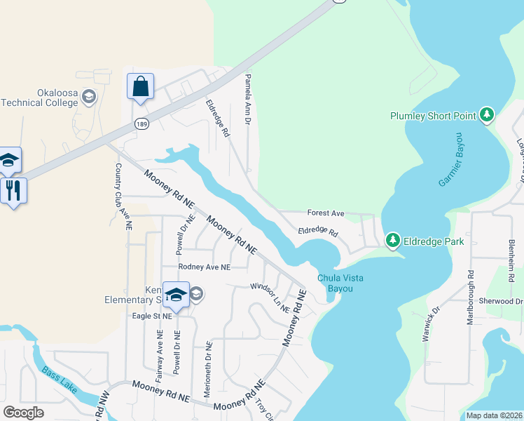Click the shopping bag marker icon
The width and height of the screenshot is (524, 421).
140,87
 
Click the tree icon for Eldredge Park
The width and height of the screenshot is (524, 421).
393,241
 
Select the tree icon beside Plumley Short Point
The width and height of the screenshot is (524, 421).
487,114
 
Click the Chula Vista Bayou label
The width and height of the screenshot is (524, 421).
340,283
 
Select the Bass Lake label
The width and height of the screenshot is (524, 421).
55,380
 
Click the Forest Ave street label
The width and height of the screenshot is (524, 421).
326,213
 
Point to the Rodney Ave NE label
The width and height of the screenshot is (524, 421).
204,267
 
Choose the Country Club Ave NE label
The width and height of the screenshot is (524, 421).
123,197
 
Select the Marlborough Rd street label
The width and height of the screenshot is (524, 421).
470,297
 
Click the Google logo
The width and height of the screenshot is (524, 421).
24,413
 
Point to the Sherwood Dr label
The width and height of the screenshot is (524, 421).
500,301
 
